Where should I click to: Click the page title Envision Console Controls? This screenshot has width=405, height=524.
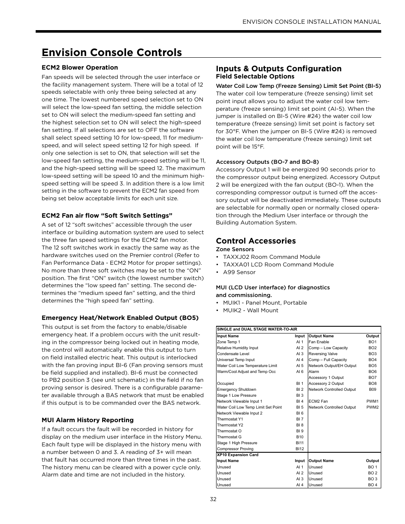pyautogui.click(x=112, y=52)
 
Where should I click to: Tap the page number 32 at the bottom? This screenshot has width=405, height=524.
pyautogui.click(x=213, y=499)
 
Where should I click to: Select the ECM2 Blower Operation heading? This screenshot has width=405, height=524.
pyautogui.click(x=80, y=67)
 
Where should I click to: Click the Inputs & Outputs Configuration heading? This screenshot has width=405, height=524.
pyautogui.click(x=278, y=69)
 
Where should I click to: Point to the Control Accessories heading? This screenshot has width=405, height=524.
pyautogui.click(x=256, y=241)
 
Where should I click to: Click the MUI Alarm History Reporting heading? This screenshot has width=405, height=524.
pyautogui.click(x=87, y=420)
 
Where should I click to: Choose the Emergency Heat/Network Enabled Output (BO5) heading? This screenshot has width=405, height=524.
pyautogui.click(x=120, y=318)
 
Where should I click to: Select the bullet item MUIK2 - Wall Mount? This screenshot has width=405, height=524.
pyautogui.click(x=250, y=311)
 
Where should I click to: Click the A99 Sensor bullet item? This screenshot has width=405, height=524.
pyautogui.click(x=239, y=272)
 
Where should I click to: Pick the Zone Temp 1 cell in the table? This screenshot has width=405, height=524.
pyautogui.click(x=228, y=342)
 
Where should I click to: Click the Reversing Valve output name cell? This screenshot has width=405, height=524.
pyautogui.click(x=323, y=354)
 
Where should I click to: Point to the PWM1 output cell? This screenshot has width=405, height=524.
pyautogui.click(x=372, y=401)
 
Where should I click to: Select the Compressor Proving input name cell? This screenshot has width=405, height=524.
pyautogui.click(x=235, y=449)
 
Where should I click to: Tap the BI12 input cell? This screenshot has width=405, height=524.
pyautogui.click(x=300, y=449)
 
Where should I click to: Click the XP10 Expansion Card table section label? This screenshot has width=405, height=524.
pyautogui.click(x=237, y=455)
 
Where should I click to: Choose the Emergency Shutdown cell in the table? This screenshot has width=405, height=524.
pyautogui.click(x=236, y=389)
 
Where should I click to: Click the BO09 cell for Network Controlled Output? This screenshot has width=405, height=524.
pyautogui.click(x=372, y=389)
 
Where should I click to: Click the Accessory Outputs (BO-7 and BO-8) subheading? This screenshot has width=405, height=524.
pyautogui.click(x=267, y=162)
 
